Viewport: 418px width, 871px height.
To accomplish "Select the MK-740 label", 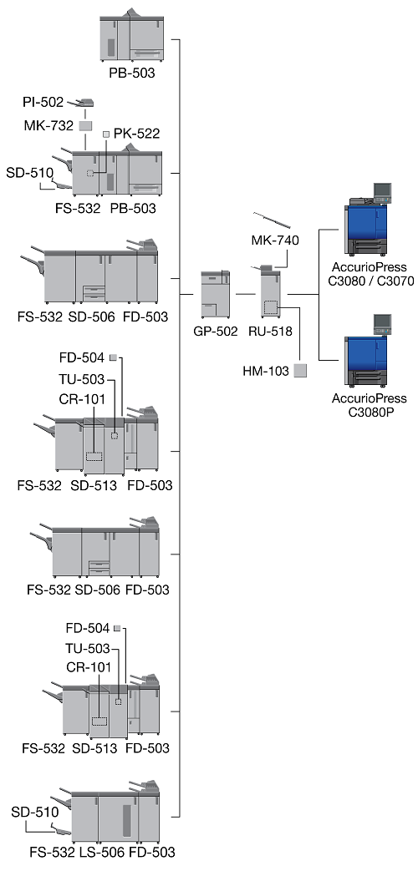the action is click(x=275, y=241).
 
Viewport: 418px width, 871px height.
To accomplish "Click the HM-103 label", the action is click(x=266, y=371).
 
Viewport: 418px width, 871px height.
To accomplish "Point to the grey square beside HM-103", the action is click(x=300, y=371).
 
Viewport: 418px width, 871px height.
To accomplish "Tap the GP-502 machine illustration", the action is click(x=215, y=295).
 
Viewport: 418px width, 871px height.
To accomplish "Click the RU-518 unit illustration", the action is click(x=273, y=292).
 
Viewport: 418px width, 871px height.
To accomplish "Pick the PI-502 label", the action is click(x=43, y=102).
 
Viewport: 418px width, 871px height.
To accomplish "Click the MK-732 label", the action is click(x=48, y=125).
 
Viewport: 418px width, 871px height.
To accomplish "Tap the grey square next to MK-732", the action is click(x=85, y=125).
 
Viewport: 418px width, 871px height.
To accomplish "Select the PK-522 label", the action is click(x=137, y=134).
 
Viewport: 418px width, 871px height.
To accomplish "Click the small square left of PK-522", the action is click(x=106, y=134).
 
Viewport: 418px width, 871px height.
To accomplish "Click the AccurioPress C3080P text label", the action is click(x=369, y=405).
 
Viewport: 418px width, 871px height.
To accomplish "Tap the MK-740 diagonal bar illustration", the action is click(x=272, y=220).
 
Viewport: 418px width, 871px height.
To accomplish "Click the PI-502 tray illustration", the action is click(x=80, y=103).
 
